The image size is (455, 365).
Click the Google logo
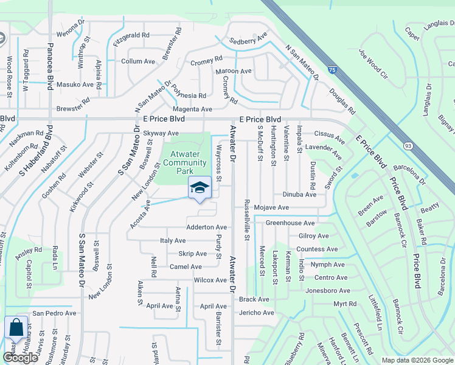20,358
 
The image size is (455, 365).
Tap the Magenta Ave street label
194,109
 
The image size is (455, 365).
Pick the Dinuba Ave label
299,195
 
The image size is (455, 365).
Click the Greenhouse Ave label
290,223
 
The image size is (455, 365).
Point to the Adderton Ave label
207,227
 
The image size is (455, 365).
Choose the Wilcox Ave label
210,280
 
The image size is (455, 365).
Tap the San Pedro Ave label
54,313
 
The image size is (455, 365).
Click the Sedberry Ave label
248,41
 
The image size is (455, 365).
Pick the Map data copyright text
417,360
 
